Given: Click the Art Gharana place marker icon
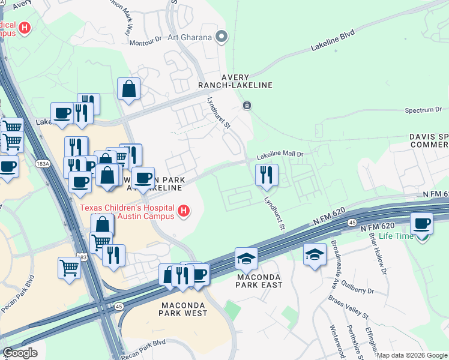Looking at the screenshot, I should pyautogui.click(x=221, y=37).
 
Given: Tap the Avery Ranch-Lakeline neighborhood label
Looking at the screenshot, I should pyautogui.click(x=247, y=81).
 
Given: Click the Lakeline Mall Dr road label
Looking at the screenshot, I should pyautogui.click(x=281, y=155).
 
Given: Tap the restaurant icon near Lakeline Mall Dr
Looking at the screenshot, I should pyautogui.click(x=267, y=175).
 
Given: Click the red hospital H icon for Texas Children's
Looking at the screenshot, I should pyautogui.click(x=184, y=211).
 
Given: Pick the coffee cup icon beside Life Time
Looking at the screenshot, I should pyautogui.click(x=421, y=223).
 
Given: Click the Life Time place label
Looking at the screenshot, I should pyautogui.click(x=396, y=237).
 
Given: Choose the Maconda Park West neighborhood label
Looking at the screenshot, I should pyautogui.click(x=184, y=308).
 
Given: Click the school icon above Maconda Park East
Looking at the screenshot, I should pyautogui.click(x=246, y=258).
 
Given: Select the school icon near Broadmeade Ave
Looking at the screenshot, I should pyautogui.click(x=315, y=254).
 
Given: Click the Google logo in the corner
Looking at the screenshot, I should pyautogui.click(x=20, y=353).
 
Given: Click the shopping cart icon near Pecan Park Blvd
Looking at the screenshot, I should pyautogui.click(x=70, y=268).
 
